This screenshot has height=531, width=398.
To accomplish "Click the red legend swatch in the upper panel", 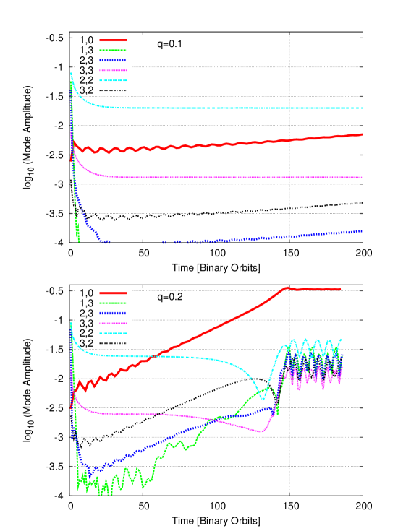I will click(113, 40).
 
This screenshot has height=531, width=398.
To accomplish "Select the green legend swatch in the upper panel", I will click(113, 51).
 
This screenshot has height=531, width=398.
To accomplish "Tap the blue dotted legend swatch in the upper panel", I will click(113, 60).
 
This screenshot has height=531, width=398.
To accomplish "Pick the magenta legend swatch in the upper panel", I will click(113, 70).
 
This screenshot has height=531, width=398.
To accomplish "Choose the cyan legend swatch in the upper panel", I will click(113, 80).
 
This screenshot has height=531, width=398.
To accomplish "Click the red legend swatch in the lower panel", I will click(113, 293).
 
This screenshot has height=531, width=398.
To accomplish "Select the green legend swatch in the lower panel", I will click(113, 303).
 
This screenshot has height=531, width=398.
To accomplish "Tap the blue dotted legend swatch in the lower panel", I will click(113, 313).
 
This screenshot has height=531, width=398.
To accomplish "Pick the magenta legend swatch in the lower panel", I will click(113, 323).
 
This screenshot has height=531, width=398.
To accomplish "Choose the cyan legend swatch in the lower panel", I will click(113, 333).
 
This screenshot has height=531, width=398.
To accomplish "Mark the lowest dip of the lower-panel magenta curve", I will click(263, 432).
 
